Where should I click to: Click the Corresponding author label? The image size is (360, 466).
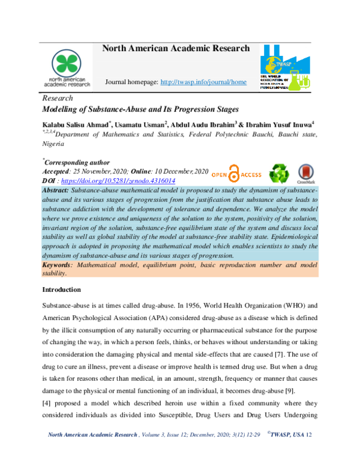point(77,162)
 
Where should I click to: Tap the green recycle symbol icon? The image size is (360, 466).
point(278,174)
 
